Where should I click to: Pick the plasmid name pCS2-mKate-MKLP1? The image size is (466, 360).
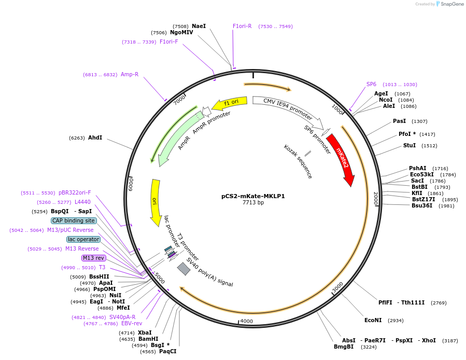(253, 196)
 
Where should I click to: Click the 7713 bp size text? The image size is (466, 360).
(253, 203)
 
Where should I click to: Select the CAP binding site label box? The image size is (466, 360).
(74, 220)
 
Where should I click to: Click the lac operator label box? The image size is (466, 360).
(83, 239)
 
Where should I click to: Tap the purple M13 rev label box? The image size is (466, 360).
(93, 258)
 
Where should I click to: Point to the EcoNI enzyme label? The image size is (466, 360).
(373, 320)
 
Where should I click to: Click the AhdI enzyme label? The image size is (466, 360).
(95, 137)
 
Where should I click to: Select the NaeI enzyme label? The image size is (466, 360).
(199, 26)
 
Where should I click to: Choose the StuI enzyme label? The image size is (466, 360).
(409, 145)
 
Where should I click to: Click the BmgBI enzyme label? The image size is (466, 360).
(344, 347)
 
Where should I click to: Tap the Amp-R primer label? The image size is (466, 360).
(130, 74)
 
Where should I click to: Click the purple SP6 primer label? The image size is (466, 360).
(371, 84)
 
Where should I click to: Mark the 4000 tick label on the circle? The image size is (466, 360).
(247, 321)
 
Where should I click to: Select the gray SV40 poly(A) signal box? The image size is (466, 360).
(183, 269)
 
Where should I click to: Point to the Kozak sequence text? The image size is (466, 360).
(298, 162)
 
